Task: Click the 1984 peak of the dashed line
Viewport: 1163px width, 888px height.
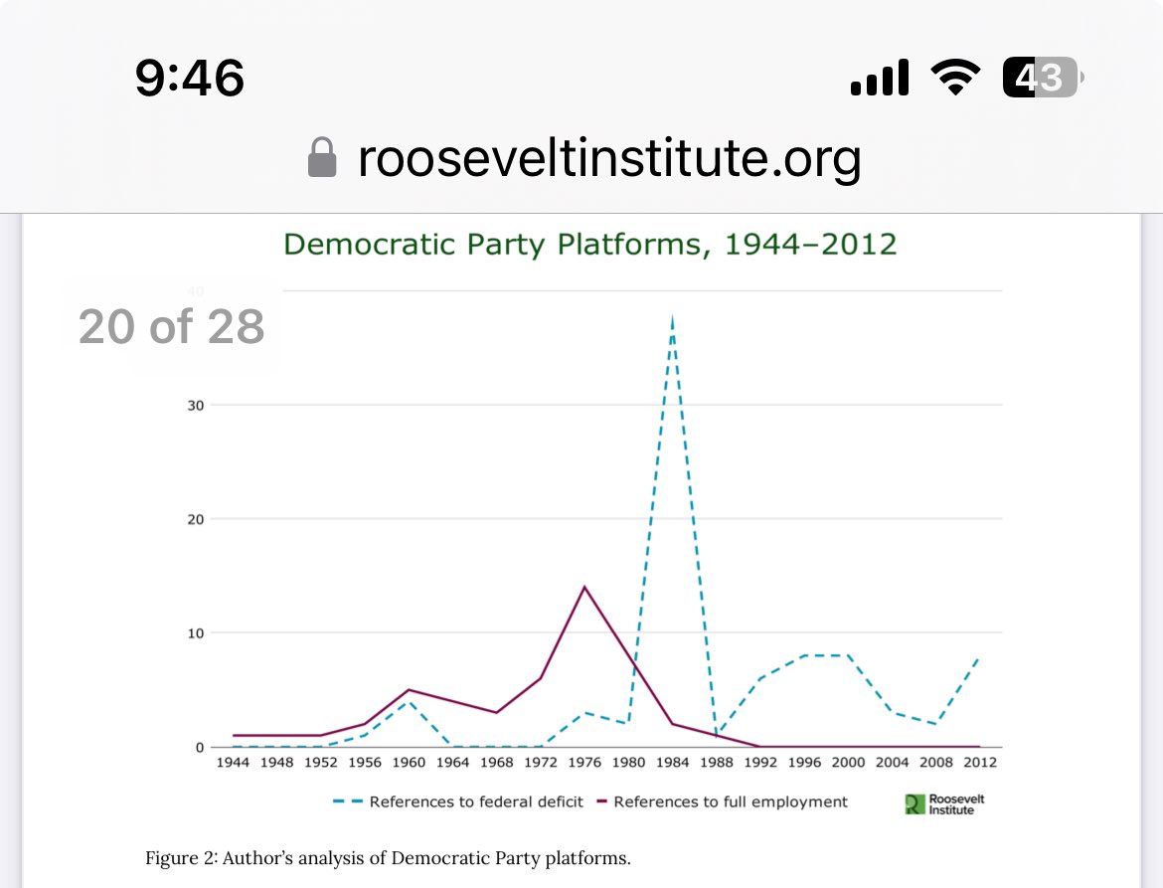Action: coord(673,318)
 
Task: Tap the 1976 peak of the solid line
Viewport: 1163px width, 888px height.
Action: coord(584,587)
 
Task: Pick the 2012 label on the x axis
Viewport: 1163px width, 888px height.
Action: coord(979,763)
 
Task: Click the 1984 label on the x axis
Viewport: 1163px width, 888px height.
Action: coord(673,763)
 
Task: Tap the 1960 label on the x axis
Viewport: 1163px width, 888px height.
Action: coord(409,763)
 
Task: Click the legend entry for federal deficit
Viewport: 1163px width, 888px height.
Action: coord(476,801)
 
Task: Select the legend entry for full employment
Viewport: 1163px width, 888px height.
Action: coord(731,801)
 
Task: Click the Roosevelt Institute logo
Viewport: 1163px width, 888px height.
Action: coord(944,803)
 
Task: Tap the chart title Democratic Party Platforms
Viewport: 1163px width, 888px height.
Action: coord(590,244)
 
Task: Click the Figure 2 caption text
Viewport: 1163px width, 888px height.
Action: coord(388,858)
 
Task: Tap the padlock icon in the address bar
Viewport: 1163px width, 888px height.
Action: coord(322,158)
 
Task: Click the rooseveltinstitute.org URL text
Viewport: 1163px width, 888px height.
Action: coord(608,158)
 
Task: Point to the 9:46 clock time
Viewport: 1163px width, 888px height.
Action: coord(190,78)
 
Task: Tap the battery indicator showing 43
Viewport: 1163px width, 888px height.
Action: coord(1041,78)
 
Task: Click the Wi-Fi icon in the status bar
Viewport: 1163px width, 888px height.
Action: coord(954,78)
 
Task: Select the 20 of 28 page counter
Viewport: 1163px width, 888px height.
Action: coord(171,326)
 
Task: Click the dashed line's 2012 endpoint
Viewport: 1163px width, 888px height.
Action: coord(979,657)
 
